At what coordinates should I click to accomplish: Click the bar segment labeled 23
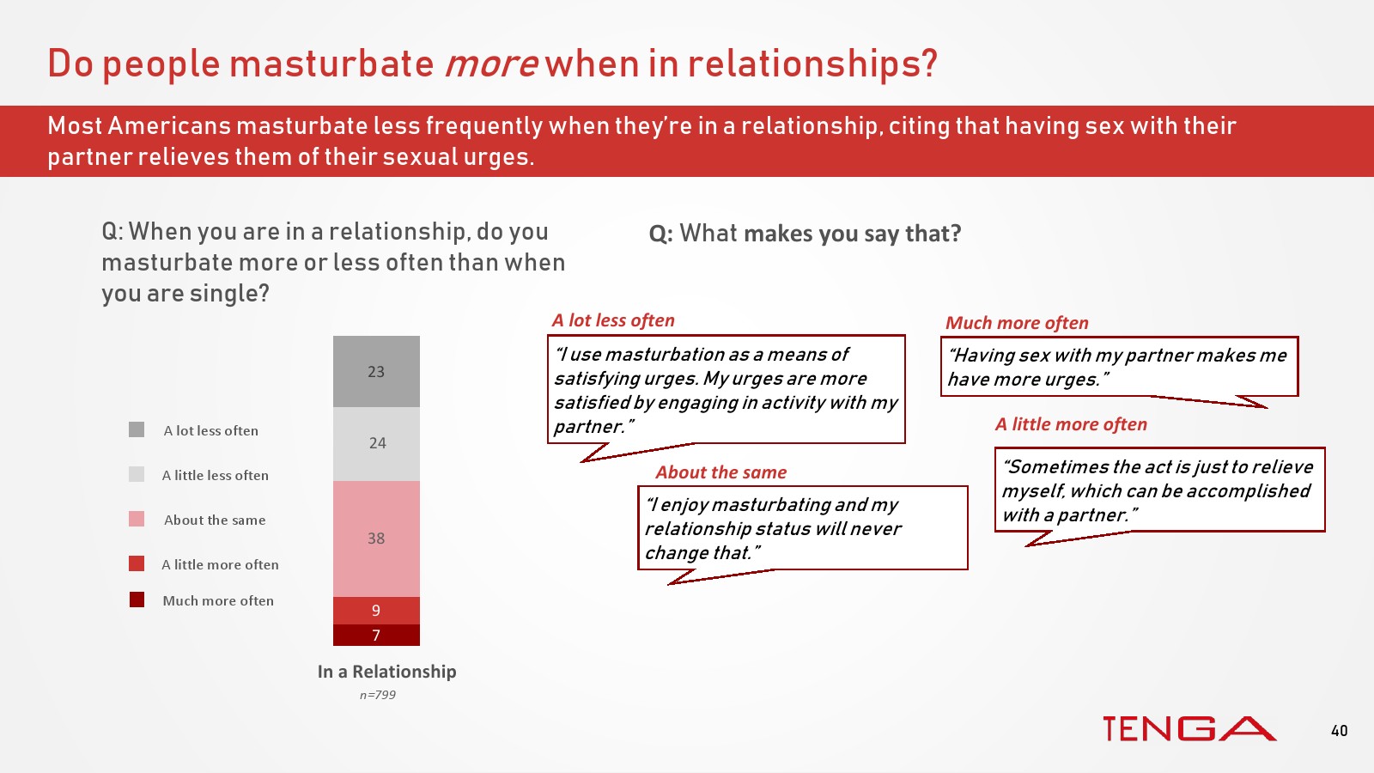click(376, 371)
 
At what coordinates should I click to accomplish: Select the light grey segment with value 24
click(376, 443)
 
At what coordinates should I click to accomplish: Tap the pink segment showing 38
click(376, 539)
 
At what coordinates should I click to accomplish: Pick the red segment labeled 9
click(376, 611)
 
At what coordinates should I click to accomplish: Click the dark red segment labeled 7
click(376, 635)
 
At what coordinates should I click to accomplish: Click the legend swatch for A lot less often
click(137, 429)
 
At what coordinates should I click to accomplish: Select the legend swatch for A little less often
click(137, 474)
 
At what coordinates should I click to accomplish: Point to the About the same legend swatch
click(137, 519)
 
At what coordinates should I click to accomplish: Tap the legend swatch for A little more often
click(137, 563)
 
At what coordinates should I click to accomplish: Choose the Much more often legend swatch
click(137, 600)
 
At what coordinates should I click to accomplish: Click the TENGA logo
click(1189, 729)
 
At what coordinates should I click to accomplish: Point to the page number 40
click(1339, 731)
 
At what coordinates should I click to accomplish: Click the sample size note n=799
click(377, 695)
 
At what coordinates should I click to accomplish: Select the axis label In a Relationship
click(387, 672)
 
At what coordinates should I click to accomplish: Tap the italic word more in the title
click(490, 64)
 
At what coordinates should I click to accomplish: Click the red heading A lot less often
click(613, 320)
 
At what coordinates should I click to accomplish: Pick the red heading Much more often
click(1017, 323)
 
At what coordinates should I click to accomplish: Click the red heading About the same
click(720, 472)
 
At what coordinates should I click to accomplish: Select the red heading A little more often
click(1070, 424)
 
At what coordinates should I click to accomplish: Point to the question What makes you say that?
click(805, 234)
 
